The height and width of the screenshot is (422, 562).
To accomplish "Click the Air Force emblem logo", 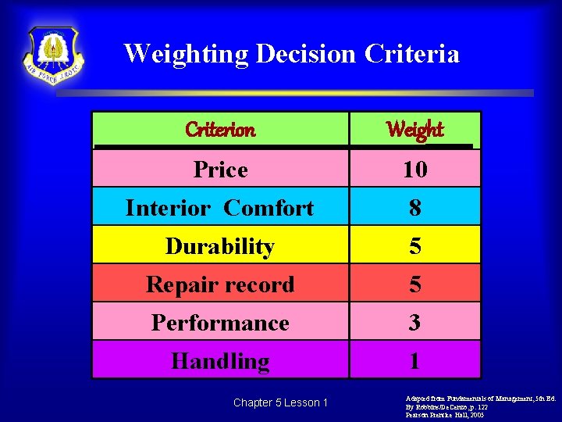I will pyautogui.click(x=54, y=55).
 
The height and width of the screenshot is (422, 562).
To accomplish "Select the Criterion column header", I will pyautogui.click(x=220, y=129).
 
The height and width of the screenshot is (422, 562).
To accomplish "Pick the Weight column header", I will pyautogui.click(x=414, y=129).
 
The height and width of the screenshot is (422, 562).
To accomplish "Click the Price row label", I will pyautogui.click(x=220, y=170).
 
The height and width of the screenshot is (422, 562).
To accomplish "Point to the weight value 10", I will pyautogui.click(x=414, y=170).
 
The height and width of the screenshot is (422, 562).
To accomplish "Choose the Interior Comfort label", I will pyautogui.click(x=219, y=208).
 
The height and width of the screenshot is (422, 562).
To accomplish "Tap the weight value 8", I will pyautogui.click(x=414, y=208).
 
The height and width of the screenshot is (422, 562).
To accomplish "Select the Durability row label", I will pyautogui.click(x=220, y=246).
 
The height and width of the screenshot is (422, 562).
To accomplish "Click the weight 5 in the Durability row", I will pyautogui.click(x=414, y=246).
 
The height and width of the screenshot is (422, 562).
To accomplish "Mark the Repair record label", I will pyautogui.click(x=220, y=284).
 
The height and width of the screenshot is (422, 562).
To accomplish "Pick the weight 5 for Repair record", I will pyautogui.click(x=414, y=284).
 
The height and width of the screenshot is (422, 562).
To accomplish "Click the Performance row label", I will pyautogui.click(x=220, y=323).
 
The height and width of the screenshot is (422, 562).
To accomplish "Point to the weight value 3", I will pyautogui.click(x=414, y=323).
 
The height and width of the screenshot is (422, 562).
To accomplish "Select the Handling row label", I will pyautogui.click(x=220, y=361).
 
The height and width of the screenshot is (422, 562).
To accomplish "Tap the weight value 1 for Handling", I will pyautogui.click(x=414, y=361).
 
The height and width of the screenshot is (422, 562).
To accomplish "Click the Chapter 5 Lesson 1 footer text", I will pyautogui.click(x=281, y=402).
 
